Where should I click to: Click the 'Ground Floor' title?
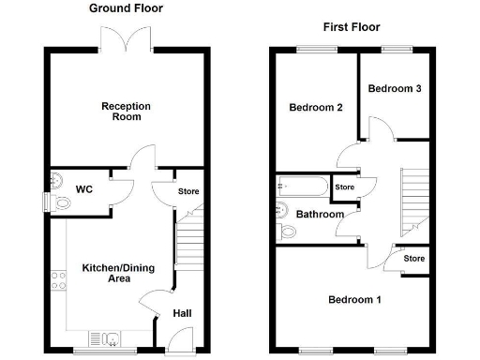[126, 8]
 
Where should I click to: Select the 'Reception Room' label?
[122, 112]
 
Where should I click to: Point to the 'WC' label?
[84, 189]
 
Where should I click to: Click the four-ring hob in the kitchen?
[58, 278]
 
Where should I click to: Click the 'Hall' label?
[182, 314]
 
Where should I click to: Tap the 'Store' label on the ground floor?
[188, 191]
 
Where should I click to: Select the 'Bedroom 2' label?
[315, 108]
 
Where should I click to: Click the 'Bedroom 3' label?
[394, 89]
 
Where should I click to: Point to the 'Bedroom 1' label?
[354, 300]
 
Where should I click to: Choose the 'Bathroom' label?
[320, 215]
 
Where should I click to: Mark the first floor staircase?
[413, 199]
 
